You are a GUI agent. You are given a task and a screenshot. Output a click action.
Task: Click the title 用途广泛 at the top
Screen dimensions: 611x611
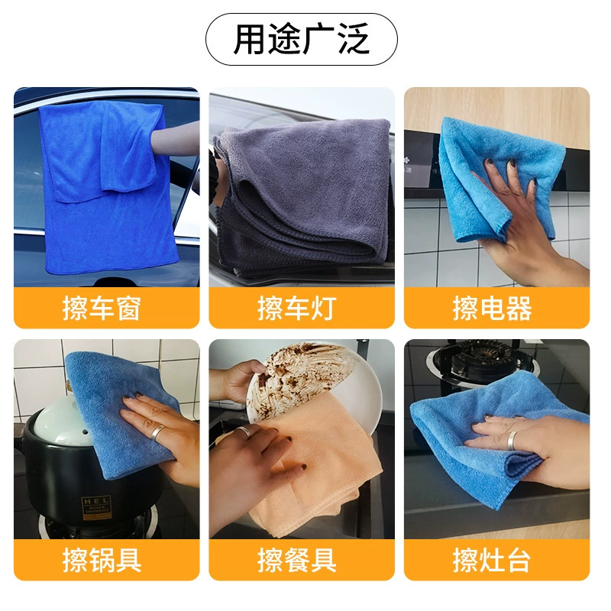(301, 39)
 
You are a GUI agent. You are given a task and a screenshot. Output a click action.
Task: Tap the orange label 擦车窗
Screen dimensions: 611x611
(102, 308)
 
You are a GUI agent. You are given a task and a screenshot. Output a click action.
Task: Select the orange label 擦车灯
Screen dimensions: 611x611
(297, 308)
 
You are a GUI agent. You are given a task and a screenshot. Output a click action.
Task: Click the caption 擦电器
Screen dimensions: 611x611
(492, 308)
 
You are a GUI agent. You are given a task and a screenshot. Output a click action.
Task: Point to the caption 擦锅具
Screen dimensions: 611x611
(102, 560)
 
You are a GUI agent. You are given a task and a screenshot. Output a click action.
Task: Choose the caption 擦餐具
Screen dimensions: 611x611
(297, 560)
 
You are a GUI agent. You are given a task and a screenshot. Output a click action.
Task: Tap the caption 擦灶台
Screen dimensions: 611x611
(492, 560)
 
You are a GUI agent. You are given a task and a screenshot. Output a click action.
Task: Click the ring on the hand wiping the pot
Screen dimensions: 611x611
(158, 432)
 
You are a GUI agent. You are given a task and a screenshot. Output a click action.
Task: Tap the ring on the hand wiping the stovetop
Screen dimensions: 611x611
(512, 441)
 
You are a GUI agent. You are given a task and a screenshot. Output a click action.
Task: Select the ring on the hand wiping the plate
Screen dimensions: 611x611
(244, 432)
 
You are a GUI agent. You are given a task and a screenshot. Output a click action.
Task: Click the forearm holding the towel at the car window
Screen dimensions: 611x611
(176, 138)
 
